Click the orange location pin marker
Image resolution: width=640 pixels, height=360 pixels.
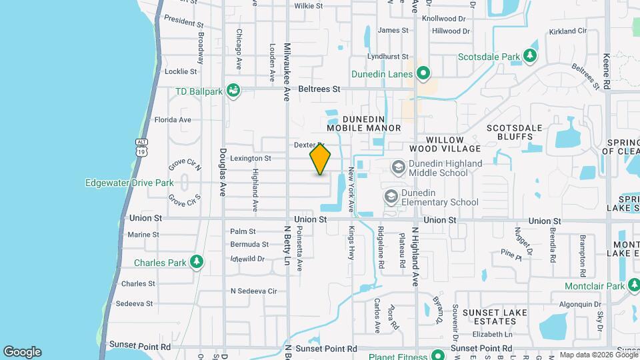pos(320,159)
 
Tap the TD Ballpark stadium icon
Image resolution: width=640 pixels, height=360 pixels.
pos(233,90)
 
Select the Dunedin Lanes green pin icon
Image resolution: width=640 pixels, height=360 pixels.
pos(423,73)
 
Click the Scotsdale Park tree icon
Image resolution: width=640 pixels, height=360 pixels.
pos(530,55)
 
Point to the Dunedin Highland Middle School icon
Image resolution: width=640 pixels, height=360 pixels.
pos(398,167)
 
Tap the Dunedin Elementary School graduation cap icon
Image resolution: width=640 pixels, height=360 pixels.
pos(390,196)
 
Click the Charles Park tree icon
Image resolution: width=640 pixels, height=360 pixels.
pos(197,261)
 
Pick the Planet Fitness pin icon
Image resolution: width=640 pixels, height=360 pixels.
pos(437,354)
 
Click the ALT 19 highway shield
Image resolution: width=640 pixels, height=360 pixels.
pos(141,147)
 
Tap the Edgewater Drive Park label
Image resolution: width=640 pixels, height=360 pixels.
pos(129,182)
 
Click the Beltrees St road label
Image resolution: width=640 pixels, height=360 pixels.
pos(319,89)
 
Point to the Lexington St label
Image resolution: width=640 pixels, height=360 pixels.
pos(250,159)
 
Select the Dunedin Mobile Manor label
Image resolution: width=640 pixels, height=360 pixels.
pos(364,123)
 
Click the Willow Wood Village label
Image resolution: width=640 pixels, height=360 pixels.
pos(445,143)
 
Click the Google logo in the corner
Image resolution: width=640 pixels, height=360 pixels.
pos(22,352)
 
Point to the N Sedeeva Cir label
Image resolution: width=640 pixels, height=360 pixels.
pos(253,291)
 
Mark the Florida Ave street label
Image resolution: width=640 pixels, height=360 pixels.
pos(173,120)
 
